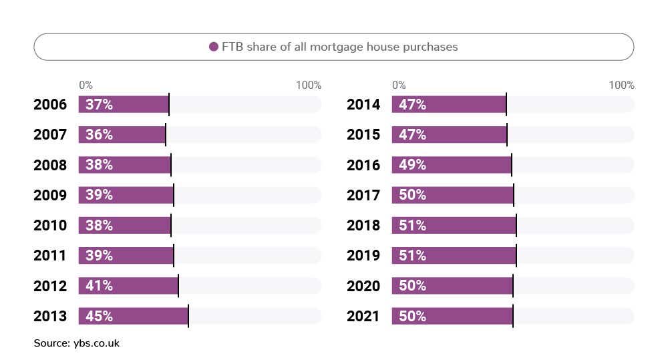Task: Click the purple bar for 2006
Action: coord(124,105)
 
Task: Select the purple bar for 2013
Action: coord(134,316)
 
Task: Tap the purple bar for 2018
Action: coord(454,226)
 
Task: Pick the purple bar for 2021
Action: coord(452,316)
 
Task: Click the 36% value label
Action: coord(99,135)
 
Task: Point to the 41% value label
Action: coord(99,286)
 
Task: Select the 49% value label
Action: coord(412,165)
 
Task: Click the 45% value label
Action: coord(99,316)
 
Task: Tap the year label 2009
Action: coord(50,196)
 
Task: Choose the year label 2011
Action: coord(50,256)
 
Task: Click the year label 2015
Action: coord(363,135)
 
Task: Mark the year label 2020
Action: coord(363,286)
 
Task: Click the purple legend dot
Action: coord(214,47)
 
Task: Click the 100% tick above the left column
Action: coord(309,85)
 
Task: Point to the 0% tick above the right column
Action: coord(399,85)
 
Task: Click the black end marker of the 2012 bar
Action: coord(178,286)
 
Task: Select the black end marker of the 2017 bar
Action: coord(514,196)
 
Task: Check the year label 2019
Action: coord(363,256)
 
